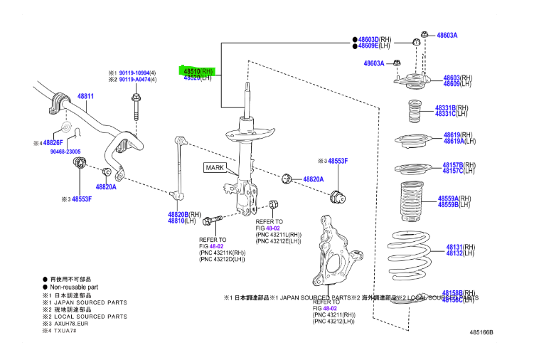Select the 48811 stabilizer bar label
tap(85, 95)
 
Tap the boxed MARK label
tap(215, 168)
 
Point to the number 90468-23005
tap(65, 152)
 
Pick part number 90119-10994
tap(134, 73)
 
